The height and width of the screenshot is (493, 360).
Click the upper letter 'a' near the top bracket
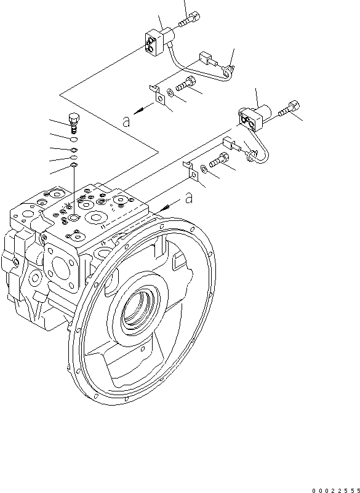coord(127,121)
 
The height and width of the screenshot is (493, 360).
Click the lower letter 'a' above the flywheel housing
coord(190,198)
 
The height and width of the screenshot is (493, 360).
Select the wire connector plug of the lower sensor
coord(231,145)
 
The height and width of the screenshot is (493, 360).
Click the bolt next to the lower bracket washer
coord(220,162)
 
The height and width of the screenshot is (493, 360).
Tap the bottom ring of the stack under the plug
coord(73,164)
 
